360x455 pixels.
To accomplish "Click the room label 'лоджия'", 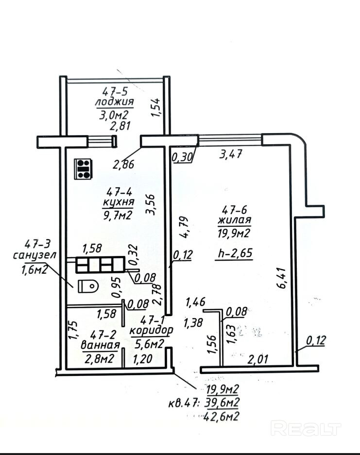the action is [x=114, y=102].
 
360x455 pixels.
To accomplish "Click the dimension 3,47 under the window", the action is [x=231, y=155].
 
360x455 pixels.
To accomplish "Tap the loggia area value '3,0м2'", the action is [x=113, y=115].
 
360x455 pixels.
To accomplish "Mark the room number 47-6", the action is [x=236, y=211].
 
